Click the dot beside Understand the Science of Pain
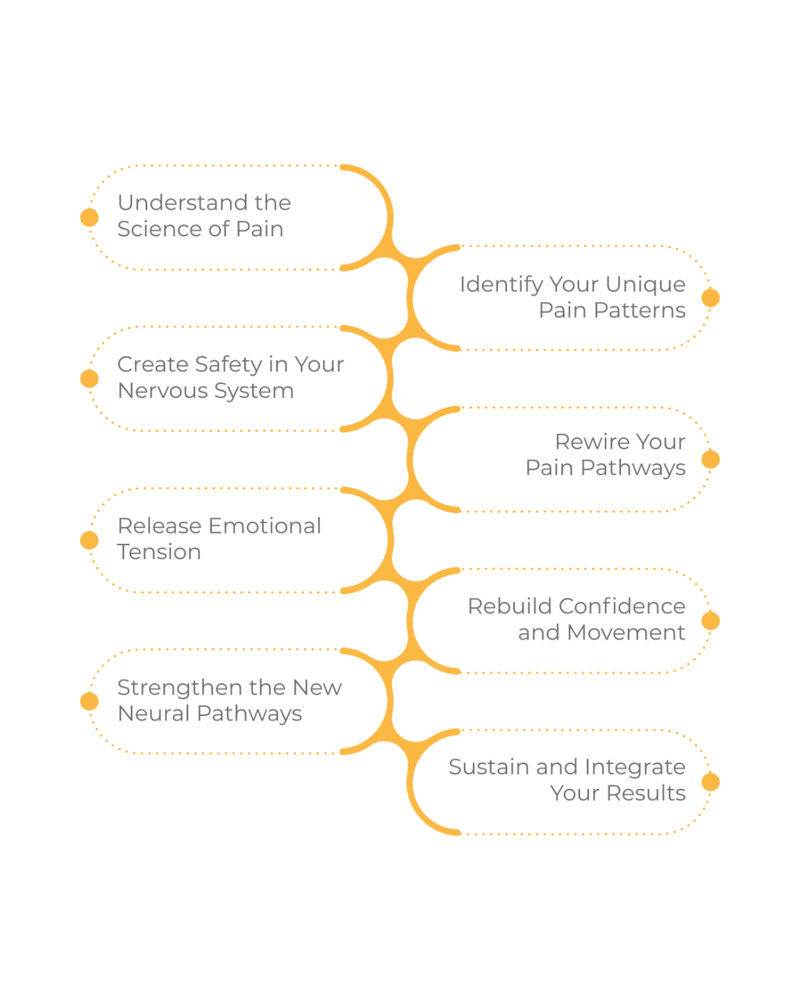pos(90,217)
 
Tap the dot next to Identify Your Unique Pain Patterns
pos(710,298)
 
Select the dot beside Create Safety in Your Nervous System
pos(90,378)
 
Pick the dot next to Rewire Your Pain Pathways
pos(710,459)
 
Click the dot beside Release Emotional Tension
pos(90,540)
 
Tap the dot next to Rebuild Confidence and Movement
pos(710,621)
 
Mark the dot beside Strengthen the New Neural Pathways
pos(90,701)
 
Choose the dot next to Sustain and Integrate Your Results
pos(710,783)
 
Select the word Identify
pos(501,285)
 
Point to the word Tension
pos(159,553)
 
